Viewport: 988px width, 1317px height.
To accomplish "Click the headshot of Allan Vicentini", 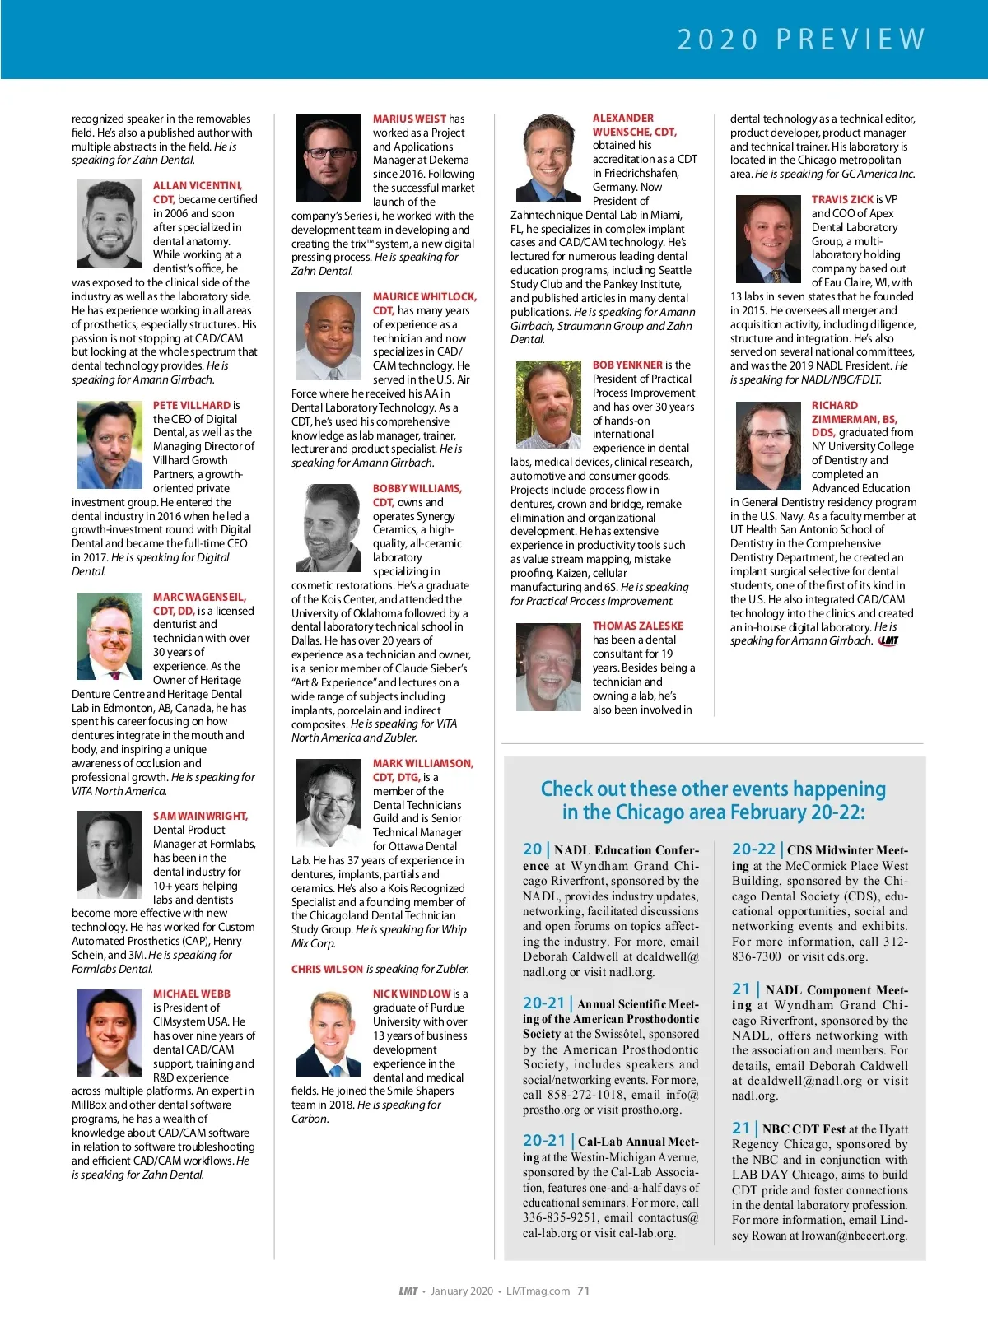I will [110, 224].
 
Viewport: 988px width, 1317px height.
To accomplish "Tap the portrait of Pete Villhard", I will [110, 444].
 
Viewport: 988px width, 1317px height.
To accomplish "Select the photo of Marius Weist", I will [329, 158].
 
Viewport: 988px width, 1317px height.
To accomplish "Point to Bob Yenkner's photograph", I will [548, 404].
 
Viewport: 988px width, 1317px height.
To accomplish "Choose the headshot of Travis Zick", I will [768, 239].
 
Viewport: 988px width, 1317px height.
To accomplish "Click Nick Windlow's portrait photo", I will [329, 1034].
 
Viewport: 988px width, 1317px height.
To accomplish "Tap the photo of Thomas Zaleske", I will [548, 667].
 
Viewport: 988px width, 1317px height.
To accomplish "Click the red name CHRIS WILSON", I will [327, 970].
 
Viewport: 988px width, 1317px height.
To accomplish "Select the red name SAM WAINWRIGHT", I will [200, 817].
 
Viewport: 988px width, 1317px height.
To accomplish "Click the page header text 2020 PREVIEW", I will [802, 40].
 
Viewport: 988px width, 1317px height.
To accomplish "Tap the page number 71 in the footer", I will [583, 1291].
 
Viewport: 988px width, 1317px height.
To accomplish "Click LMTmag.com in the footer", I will [538, 1291].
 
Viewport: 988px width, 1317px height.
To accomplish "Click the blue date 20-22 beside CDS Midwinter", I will [753, 849].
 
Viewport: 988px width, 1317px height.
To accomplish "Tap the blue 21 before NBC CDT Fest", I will [741, 1129].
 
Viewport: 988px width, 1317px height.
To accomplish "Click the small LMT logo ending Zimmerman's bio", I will [888, 641].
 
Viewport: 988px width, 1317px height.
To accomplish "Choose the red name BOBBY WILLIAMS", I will [417, 489].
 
